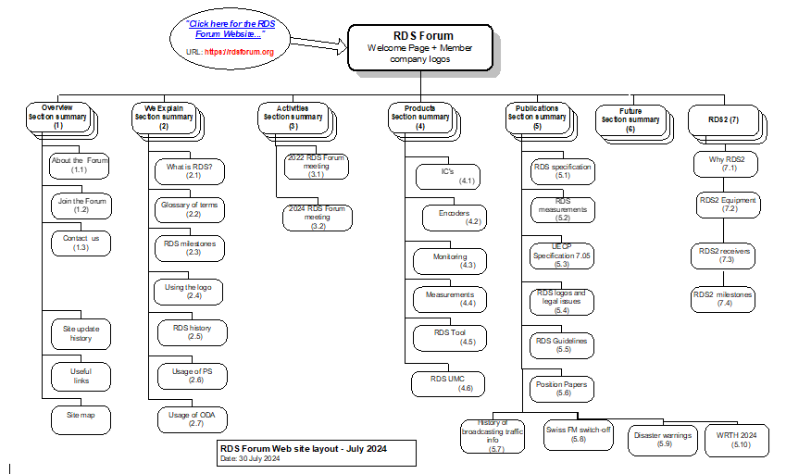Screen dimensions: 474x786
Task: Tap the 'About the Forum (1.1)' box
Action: point(81,165)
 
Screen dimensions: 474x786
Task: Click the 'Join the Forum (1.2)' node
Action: point(81,205)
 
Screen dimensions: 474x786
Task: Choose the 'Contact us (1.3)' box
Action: point(81,243)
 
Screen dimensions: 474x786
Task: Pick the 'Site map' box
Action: point(81,416)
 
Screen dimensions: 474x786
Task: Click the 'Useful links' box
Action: point(81,376)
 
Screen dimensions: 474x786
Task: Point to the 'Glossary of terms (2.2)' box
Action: point(189,209)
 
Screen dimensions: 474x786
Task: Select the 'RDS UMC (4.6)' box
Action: point(448,382)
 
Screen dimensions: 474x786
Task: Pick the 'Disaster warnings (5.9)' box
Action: point(664,438)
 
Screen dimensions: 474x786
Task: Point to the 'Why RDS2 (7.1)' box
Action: point(728,164)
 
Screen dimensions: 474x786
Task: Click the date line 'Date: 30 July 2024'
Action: point(251,459)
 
